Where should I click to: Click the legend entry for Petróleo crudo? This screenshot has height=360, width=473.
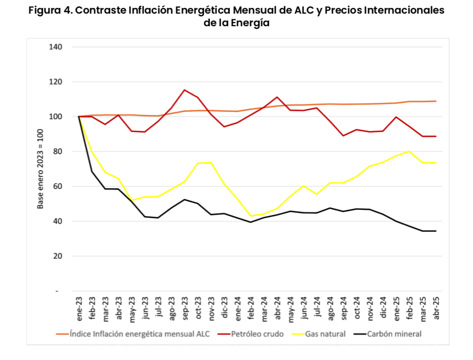(257, 334)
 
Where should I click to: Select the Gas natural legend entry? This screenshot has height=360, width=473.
(325, 334)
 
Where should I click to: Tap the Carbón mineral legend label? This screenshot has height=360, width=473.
(394, 334)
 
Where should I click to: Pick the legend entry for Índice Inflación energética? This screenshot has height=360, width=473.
(139, 334)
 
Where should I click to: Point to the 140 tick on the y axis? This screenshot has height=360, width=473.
(56, 47)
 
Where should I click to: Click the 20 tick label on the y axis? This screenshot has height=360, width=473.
(58, 256)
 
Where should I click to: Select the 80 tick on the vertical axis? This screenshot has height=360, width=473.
(58, 151)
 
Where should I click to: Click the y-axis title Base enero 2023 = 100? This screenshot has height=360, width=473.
(40, 168)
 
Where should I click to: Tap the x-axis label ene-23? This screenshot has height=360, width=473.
(79, 309)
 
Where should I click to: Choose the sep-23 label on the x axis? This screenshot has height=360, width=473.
(185, 309)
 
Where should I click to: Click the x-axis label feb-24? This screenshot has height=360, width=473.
(251, 309)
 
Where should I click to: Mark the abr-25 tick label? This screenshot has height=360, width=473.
(436, 309)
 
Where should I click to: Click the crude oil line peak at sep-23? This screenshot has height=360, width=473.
(185, 90)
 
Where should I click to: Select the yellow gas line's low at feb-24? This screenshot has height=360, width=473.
(251, 216)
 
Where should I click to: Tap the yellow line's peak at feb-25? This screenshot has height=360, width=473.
(410, 151)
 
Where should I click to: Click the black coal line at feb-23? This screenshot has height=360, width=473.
(92, 172)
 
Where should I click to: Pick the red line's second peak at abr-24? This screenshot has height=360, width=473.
(277, 97)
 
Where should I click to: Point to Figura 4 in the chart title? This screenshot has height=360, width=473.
(50, 10)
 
